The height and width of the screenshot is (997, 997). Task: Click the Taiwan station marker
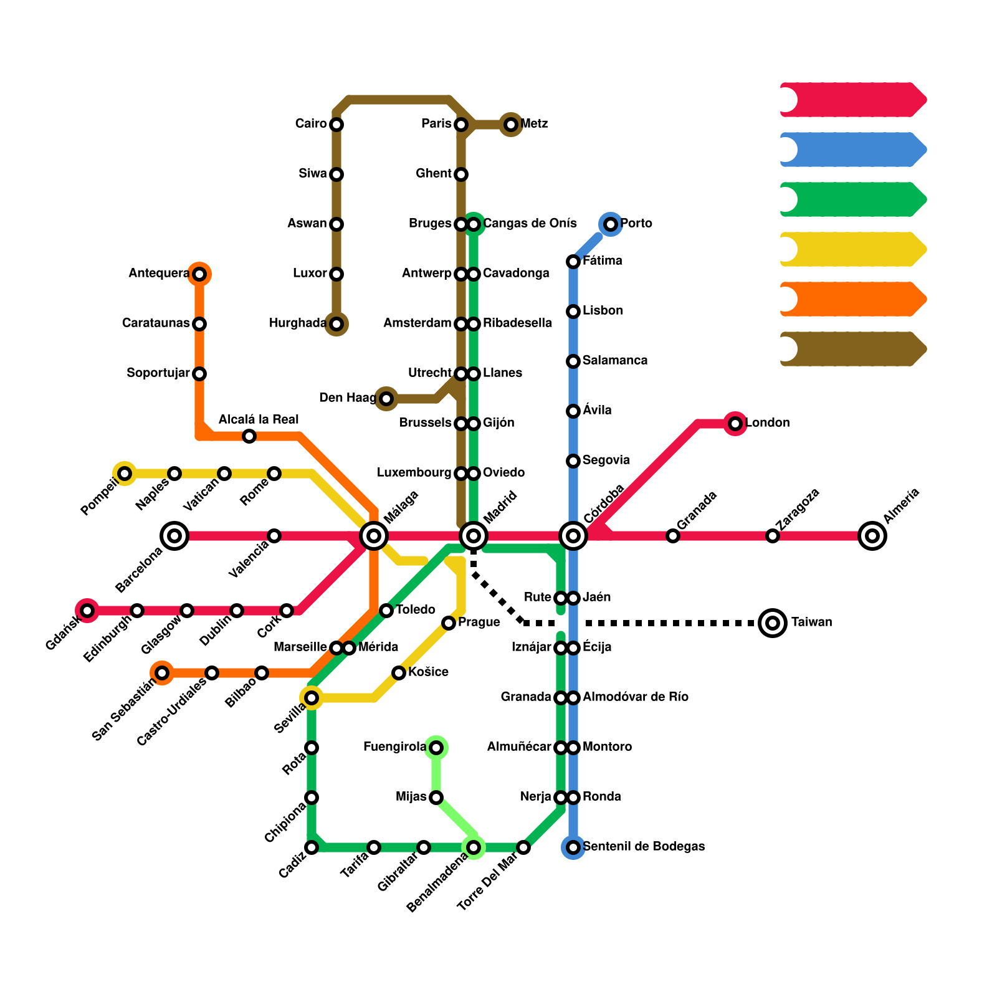pyautogui.click(x=773, y=623)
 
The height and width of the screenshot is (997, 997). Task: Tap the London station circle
pyautogui.click(x=735, y=424)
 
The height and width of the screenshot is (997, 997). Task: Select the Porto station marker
pyautogui.click(x=611, y=224)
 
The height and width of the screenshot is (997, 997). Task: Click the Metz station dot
pyautogui.click(x=511, y=125)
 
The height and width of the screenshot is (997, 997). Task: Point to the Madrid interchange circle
pyautogui.click(x=474, y=535)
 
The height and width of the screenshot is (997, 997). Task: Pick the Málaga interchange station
pyautogui.click(x=374, y=535)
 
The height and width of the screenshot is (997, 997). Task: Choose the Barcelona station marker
pyautogui.click(x=174, y=535)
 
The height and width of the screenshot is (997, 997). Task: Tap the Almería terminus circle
pyautogui.click(x=872, y=535)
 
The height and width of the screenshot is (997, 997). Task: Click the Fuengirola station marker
pyautogui.click(x=436, y=747)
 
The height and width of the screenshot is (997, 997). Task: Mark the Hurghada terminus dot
pyautogui.click(x=336, y=323)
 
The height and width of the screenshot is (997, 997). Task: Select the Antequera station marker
pyautogui.click(x=199, y=274)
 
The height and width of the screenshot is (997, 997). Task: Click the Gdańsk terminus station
pyautogui.click(x=87, y=610)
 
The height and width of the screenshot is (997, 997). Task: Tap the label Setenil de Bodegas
pyautogui.click(x=644, y=846)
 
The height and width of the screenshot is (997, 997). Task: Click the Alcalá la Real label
pyautogui.click(x=259, y=419)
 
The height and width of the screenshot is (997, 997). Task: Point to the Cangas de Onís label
pyautogui.click(x=530, y=223)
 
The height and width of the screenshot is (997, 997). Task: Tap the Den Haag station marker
pyautogui.click(x=386, y=398)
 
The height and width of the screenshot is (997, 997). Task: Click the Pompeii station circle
pyautogui.click(x=125, y=474)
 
